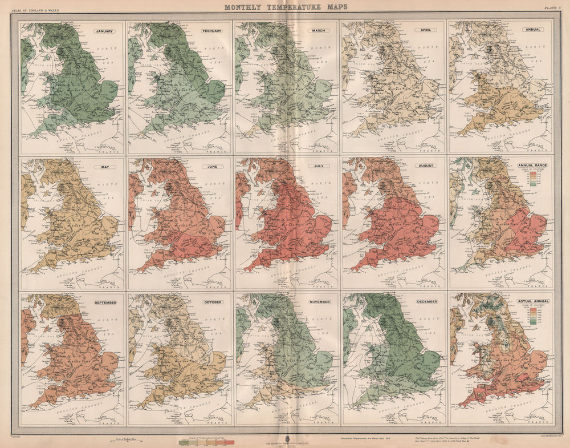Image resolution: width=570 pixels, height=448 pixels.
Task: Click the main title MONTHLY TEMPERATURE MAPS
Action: (284, 7)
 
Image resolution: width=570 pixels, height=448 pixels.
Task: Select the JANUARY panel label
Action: (105, 31)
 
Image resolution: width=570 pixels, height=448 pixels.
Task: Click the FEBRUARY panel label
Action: (212, 31)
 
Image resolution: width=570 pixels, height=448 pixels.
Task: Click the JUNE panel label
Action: (213, 166)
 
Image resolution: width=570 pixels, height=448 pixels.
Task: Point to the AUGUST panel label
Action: (426, 166)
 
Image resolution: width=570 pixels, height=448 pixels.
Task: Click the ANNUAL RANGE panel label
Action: (531, 166)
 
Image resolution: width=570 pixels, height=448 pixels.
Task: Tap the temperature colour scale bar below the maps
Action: (206, 442)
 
